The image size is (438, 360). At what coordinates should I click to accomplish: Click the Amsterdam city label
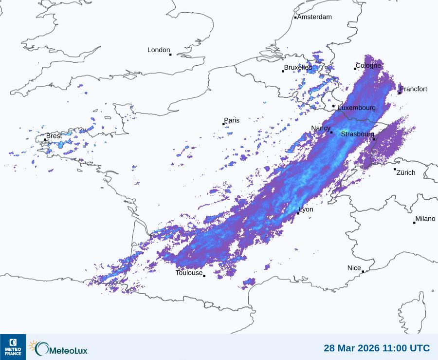[314, 17]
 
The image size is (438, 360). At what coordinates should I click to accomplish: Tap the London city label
[159, 50]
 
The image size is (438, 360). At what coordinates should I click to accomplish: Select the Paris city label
[232, 120]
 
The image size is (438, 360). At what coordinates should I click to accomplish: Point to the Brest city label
[54, 136]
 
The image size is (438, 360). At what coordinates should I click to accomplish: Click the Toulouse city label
[189, 273]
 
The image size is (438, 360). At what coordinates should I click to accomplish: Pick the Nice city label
[354, 268]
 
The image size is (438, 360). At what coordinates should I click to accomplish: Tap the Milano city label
[425, 219]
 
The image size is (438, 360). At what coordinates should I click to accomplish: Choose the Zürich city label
[406, 172]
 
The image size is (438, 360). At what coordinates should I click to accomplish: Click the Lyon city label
[306, 209]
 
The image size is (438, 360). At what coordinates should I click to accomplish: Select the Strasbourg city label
[357, 134]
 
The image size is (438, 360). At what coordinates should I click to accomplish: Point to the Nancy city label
[321, 128]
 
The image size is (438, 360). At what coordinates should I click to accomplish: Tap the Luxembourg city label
[357, 107]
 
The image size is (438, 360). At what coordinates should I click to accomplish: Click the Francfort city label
[414, 89]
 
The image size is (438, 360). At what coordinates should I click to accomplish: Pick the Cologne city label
[368, 65]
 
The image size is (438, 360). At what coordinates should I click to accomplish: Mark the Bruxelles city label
[298, 67]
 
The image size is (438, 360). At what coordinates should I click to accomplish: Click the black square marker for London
[170, 55]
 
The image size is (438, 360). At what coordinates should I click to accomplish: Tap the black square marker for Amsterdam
[295, 18]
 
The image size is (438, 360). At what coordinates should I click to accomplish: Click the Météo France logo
[13, 347]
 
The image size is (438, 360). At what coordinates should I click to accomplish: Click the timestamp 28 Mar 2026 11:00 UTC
[377, 348]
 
